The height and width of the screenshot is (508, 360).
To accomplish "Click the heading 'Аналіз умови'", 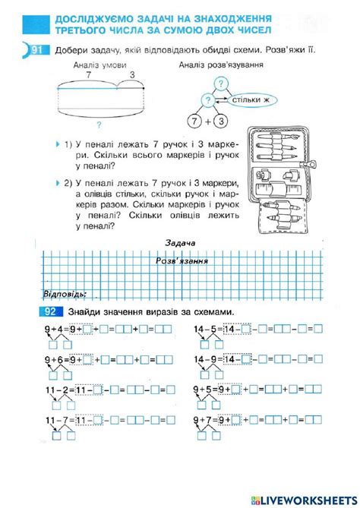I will click(94, 65).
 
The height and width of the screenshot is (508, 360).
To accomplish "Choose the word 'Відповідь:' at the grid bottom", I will click(65, 294).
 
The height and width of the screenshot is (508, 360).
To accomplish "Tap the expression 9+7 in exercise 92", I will click(203, 419).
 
